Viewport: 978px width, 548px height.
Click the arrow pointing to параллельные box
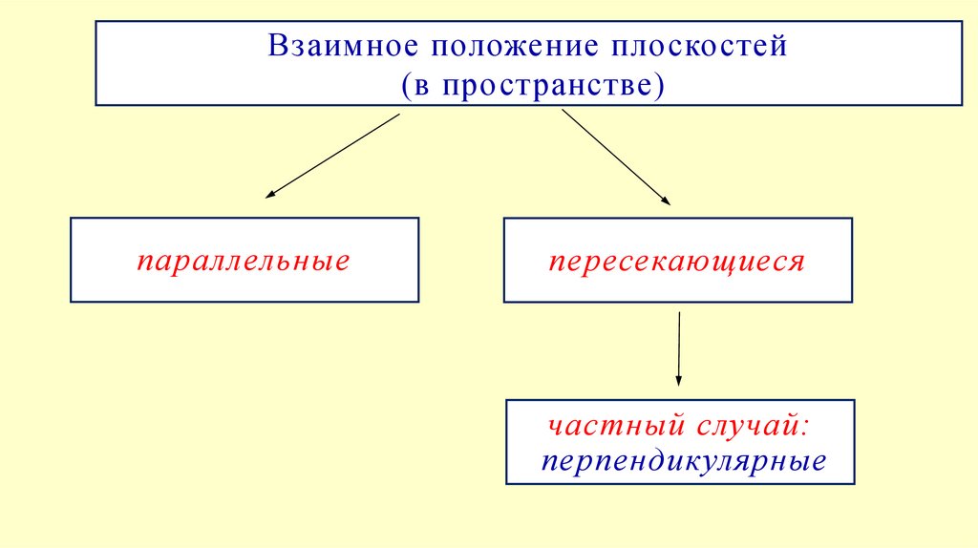click(x=331, y=156)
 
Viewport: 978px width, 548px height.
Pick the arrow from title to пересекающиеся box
click(x=616, y=157)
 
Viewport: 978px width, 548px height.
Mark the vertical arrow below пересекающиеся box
click(x=678, y=348)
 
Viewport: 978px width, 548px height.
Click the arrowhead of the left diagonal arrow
click(x=269, y=195)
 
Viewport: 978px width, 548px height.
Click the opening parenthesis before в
click(x=406, y=84)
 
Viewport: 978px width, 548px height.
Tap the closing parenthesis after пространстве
click(x=658, y=84)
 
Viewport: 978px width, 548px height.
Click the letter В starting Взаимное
click(x=277, y=46)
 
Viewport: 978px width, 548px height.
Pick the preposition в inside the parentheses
click(x=420, y=86)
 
